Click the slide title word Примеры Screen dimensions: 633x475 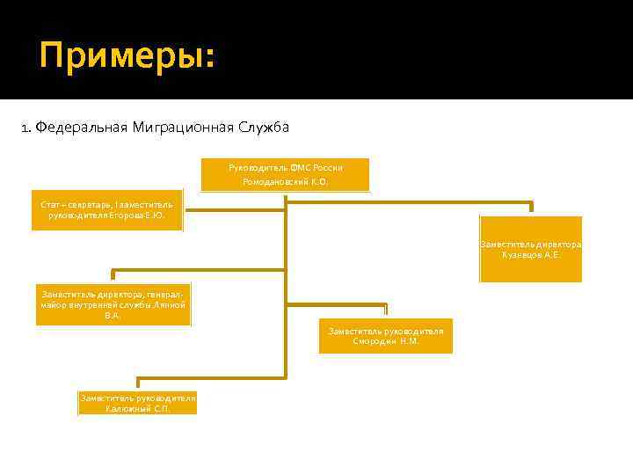125,58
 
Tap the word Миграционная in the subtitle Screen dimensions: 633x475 183,128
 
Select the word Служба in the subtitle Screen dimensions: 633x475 262,128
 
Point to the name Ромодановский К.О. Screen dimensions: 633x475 285,182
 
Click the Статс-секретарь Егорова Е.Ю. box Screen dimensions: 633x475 107,210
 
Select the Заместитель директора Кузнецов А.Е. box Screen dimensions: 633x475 530,249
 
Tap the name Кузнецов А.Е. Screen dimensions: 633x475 530,255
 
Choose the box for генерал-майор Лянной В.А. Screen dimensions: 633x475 113,303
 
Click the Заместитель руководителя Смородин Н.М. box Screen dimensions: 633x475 385,335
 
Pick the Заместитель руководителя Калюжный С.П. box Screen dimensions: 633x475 137,403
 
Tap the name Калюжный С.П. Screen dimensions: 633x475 137,409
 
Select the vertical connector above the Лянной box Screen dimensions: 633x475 111,274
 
